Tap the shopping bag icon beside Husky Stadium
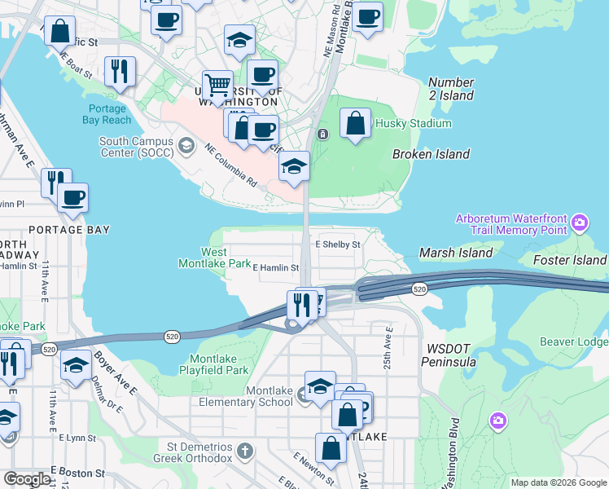355,125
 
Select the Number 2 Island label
451,89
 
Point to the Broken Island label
431,154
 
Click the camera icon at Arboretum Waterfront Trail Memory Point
580,222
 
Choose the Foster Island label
570,260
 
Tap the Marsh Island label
456,253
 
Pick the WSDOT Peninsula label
449,355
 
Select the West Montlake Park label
215,258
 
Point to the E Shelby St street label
337,244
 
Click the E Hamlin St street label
276,267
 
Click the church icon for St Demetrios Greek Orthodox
245,451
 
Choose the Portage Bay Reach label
106,114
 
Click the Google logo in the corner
28,478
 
